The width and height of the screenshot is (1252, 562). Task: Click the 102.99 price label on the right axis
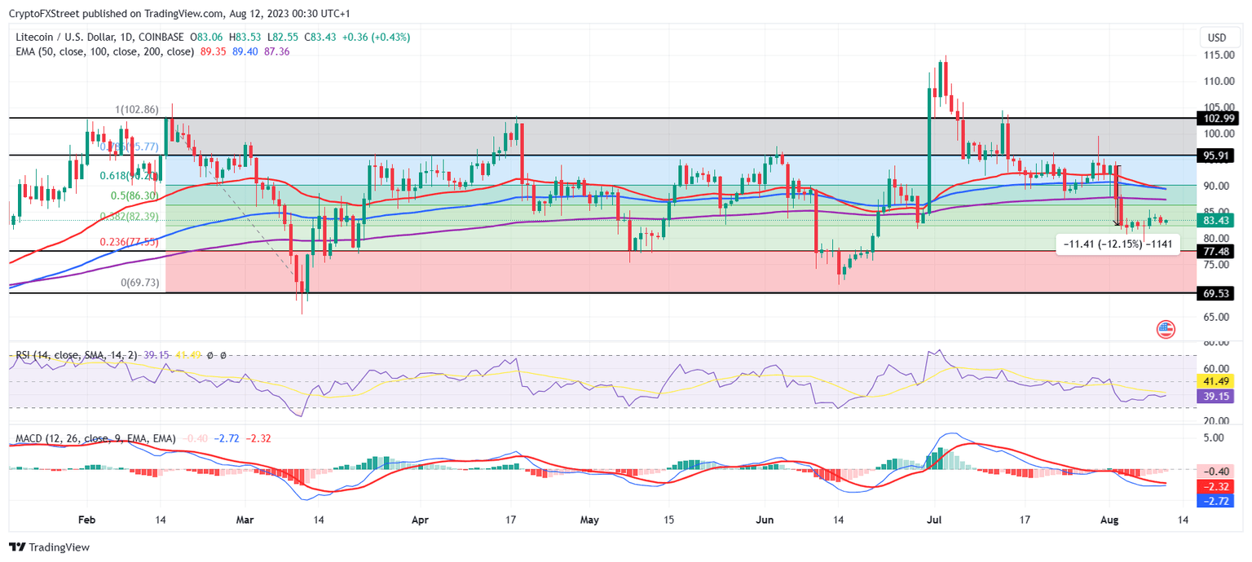click(x=1219, y=118)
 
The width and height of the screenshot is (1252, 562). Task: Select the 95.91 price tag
click(x=1219, y=155)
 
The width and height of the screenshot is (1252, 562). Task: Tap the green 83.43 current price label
click(x=1219, y=220)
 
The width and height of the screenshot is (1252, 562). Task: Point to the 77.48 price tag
click(x=1219, y=252)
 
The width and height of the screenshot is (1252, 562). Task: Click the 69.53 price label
click(x=1219, y=292)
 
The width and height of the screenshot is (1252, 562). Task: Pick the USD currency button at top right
click(x=1217, y=37)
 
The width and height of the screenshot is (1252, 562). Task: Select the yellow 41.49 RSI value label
click(x=1219, y=380)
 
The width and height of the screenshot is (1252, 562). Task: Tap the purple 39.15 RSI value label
click(x=1219, y=396)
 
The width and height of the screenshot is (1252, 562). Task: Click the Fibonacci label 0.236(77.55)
click(x=128, y=242)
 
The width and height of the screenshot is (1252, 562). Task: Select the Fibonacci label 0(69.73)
click(x=140, y=283)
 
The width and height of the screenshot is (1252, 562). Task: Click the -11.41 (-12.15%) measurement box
click(x=1117, y=244)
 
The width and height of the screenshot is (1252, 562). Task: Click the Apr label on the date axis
click(x=419, y=519)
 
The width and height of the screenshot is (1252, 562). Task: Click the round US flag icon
click(x=1166, y=329)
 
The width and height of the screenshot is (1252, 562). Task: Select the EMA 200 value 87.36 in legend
click(x=277, y=51)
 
